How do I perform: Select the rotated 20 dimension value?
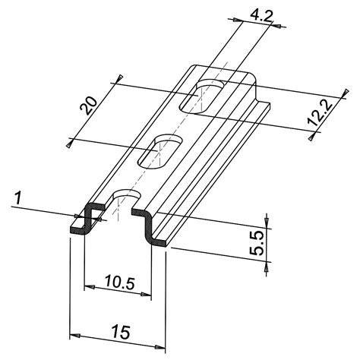[88, 105]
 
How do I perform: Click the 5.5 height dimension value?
[257, 242]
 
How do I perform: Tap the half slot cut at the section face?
[119, 204]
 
